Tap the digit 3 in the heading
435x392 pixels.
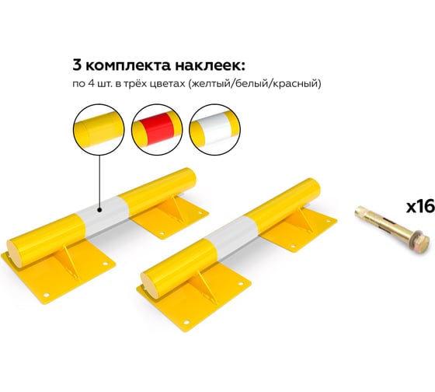click(x=77, y=65)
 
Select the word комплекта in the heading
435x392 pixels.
click(x=128, y=66)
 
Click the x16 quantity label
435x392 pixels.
click(x=420, y=207)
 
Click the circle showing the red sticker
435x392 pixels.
click(x=157, y=129)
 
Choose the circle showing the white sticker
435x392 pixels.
click(x=214, y=129)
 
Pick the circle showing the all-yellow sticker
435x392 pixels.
click(x=99, y=129)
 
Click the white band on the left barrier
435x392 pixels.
click(x=103, y=215)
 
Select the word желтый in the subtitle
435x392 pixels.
click(x=211, y=84)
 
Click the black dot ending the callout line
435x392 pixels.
click(x=99, y=211)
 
